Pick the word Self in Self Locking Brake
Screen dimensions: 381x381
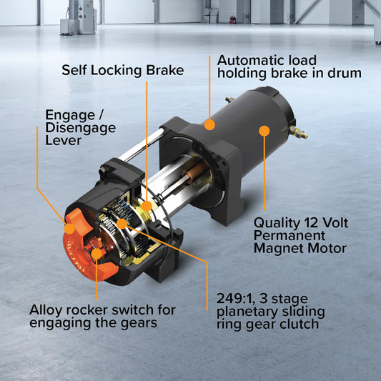pyautogui.click(x=75, y=70)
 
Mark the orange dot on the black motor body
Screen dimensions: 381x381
pyautogui.click(x=264, y=131)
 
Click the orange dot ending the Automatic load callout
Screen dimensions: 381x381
pyautogui.click(x=209, y=124)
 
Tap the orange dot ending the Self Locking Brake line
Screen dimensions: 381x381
pyautogui.click(x=147, y=206)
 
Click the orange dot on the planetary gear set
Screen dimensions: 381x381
pyautogui.click(x=122, y=224)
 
